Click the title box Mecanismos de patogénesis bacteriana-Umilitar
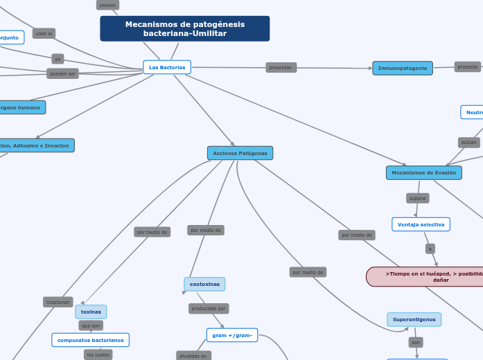coord(185,29)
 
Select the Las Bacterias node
coord(167,67)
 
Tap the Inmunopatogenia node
coord(403,68)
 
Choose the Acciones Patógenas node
coord(240,152)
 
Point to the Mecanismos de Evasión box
coord(423,172)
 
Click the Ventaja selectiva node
coord(421,224)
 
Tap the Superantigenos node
coord(414,320)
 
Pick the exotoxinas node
coord(204,284)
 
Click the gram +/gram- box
coord(231,335)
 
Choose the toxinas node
coord(91,312)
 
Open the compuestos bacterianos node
coord(90,340)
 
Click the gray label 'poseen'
coord(107,5)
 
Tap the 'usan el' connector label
coord(44,33)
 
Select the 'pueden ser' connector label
coord(62,73)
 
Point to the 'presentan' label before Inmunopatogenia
coord(281,67)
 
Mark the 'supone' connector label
coord(417,198)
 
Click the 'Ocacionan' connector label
coord(58,302)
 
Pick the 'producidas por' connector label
coord(208,308)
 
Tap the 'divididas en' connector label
coord(193,356)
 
